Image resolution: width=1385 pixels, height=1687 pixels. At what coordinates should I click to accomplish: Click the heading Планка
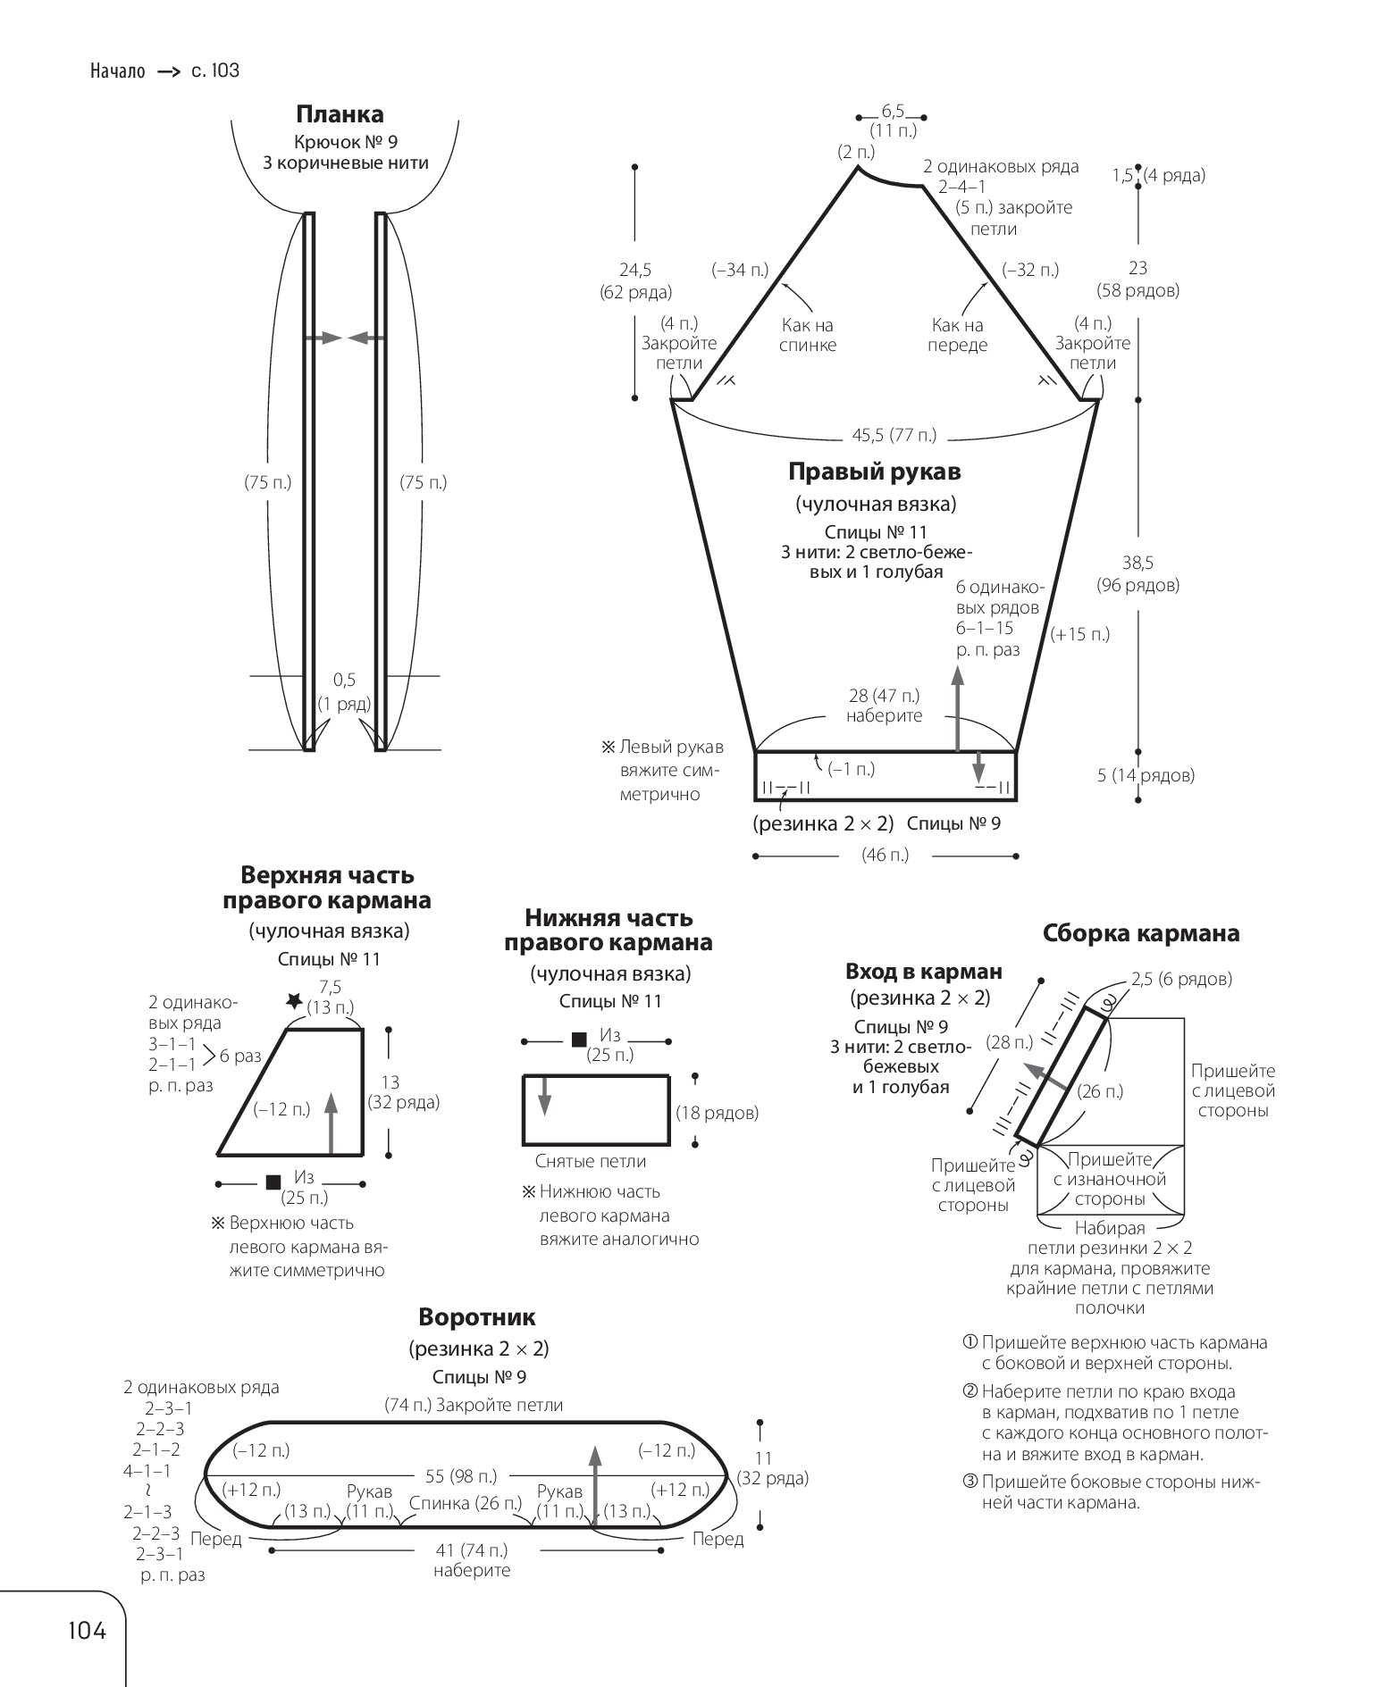tap(340, 114)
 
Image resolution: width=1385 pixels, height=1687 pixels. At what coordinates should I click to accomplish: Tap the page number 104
tap(87, 1630)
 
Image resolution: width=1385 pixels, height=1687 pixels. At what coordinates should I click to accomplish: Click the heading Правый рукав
tap(874, 472)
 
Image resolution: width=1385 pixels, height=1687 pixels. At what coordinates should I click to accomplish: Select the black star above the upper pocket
tap(294, 1002)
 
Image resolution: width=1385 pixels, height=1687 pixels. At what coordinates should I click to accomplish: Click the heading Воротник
tap(477, 1317)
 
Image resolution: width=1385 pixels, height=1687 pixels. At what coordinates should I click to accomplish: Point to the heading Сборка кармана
tap(1141, 933)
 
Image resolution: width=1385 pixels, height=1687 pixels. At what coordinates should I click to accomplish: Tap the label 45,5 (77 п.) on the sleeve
tap(894, 435)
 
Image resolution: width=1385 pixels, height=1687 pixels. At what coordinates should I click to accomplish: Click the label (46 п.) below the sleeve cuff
tap(885, 855)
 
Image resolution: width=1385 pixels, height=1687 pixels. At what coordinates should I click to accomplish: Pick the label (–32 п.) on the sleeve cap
tap(1030, 269)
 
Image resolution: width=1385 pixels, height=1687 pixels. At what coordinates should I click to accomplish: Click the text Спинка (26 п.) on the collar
tap(466, 1503)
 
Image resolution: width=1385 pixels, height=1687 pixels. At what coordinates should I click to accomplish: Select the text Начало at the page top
tap(117, 71)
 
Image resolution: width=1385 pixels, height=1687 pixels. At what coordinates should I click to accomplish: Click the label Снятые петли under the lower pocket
tap(590, 1161)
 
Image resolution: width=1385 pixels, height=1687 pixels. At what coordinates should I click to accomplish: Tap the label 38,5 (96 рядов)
tap(1137, 574)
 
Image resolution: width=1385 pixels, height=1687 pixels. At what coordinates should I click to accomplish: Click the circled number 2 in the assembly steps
tap(970, 1391)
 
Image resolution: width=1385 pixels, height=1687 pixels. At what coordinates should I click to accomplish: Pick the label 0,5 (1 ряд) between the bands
tap(344, 692)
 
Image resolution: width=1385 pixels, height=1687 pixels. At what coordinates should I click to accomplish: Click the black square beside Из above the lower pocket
tap(579, 1039)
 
